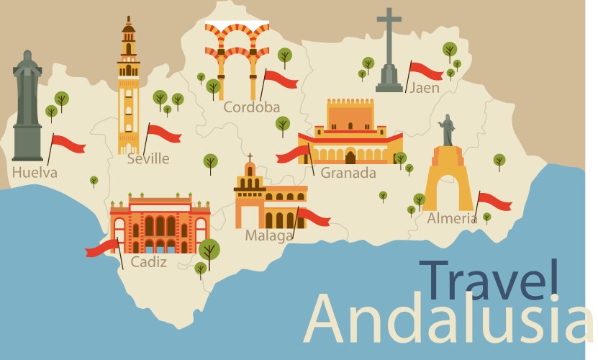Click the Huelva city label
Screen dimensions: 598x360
pos(35,173)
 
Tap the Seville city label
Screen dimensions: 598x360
pos(148,159)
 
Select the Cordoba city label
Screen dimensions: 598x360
pos(251,107)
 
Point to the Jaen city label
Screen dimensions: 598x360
pos(424,88)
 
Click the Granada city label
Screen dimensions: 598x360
pos(348,173)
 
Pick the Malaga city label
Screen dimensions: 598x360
pos(269,235)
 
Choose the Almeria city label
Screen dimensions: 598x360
pos(451,218)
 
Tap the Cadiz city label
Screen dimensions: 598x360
pos(148,262)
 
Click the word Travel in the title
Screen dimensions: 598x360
pos(489,279)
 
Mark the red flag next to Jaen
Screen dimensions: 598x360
pos(426,71)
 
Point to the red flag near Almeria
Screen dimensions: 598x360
pos(494,201)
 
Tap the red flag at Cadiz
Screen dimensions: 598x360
pos(101,248)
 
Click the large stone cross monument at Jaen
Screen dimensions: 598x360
pos(389,50)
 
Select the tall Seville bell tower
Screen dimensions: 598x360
pos(128,83)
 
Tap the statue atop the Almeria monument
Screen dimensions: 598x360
pos(448,130)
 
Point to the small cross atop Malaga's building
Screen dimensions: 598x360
pos(250,156)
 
